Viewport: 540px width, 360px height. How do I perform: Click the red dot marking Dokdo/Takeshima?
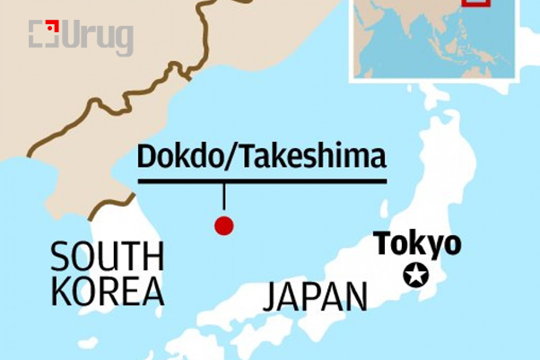click(223, 225)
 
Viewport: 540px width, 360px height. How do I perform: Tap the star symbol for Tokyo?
click(415, 276)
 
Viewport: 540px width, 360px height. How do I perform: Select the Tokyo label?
click(417, 243)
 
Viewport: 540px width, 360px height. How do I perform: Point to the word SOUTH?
click(107, 258)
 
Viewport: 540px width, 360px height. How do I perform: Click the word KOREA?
click(107, 292)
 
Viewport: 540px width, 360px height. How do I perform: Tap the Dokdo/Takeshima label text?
click(261, 157)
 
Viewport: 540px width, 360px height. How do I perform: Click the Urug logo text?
click(100, 38)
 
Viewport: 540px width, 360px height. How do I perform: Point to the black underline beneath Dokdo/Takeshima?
click(261, 180)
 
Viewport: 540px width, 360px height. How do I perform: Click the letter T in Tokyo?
click(382, 243)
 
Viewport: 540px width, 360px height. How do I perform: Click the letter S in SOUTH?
click(59, 258)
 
